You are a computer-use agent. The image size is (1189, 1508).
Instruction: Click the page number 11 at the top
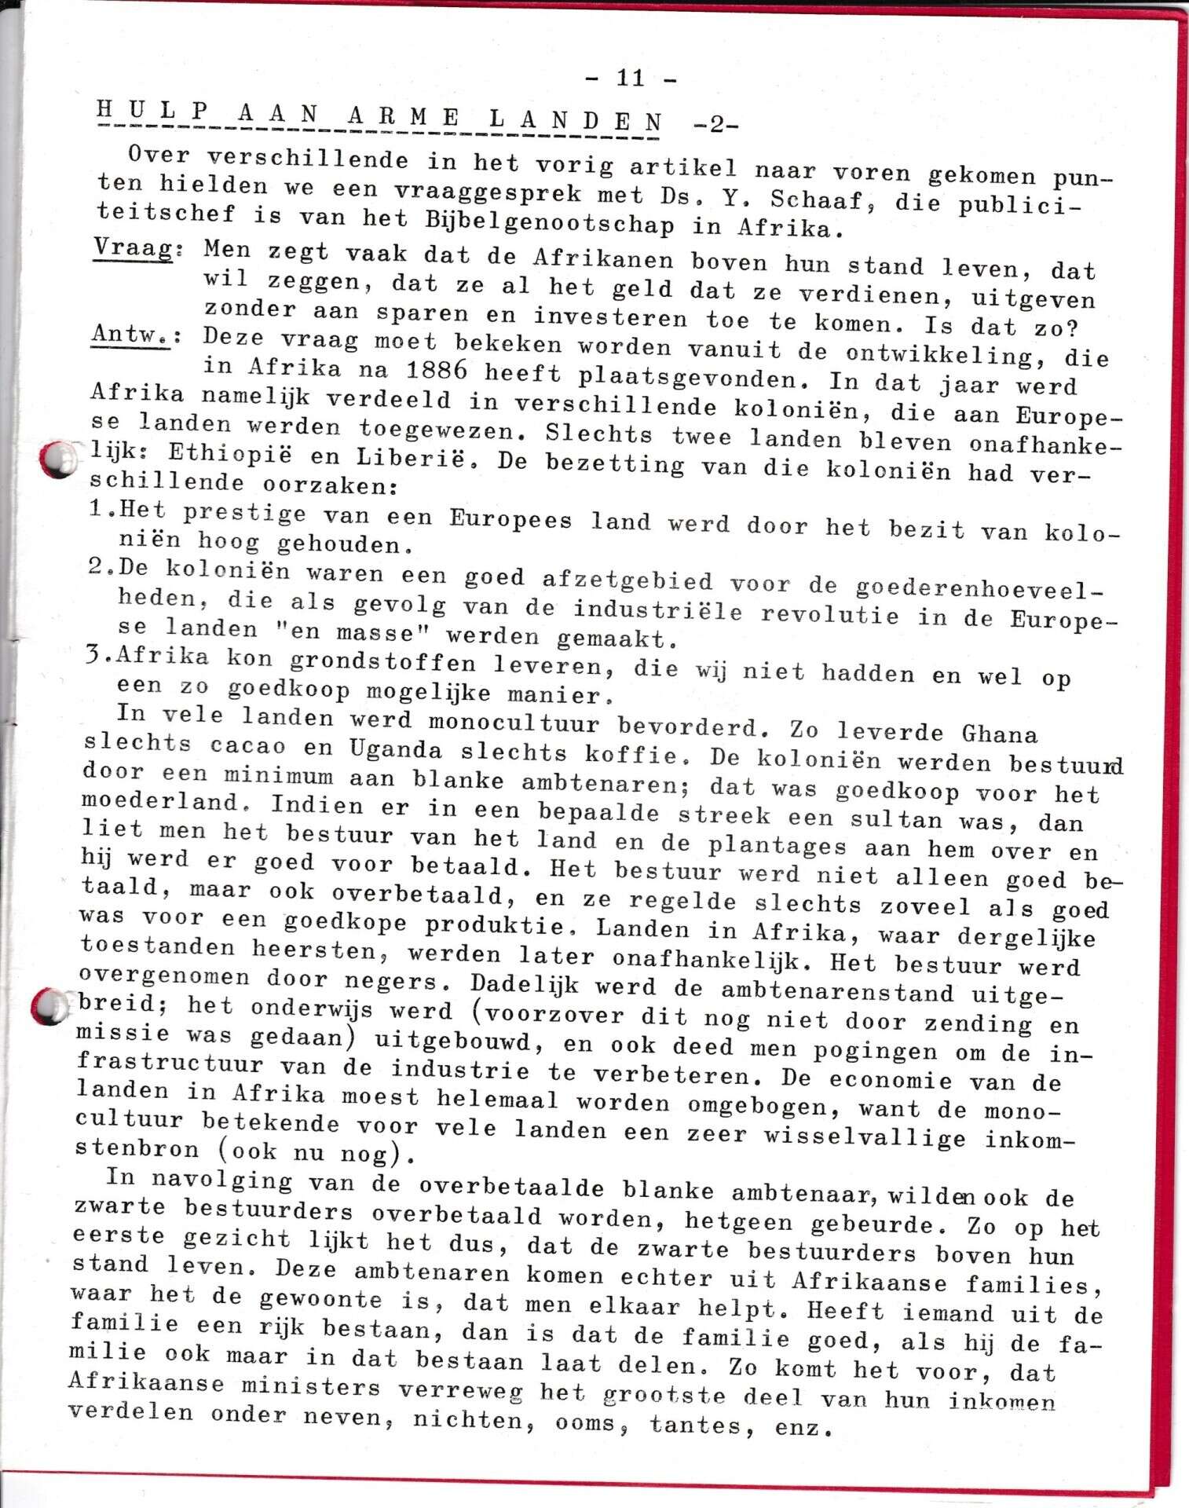(631, 78)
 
